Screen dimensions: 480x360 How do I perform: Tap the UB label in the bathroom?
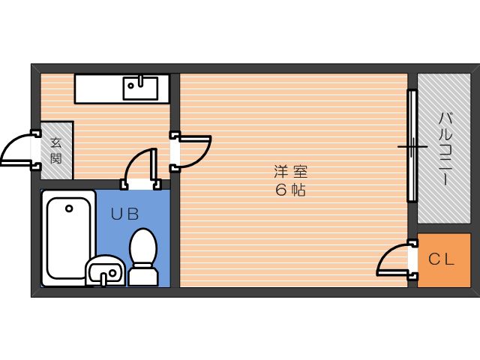tap(124, 214)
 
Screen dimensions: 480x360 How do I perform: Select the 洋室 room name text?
tap(290, 172)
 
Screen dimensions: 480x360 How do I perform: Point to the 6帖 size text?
tap(290, 190)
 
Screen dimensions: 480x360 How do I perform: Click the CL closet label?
tap(441, 259)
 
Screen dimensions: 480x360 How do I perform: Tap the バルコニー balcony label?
tap(445, 149)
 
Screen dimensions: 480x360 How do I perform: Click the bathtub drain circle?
tap(69, 208)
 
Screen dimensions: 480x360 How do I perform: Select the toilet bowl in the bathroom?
tap(143, 247)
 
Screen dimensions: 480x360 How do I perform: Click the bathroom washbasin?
tap(105, 271)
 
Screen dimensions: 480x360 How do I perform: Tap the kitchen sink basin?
tap(140, 88)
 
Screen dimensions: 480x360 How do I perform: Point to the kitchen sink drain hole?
tap(131, 85)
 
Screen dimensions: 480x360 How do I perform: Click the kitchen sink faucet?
tap(141, 80)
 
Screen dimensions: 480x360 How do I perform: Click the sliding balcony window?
tap(412, 145)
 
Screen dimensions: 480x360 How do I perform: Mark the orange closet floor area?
tap(444, 260)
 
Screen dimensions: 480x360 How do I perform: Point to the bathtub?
tap(69, 238)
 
